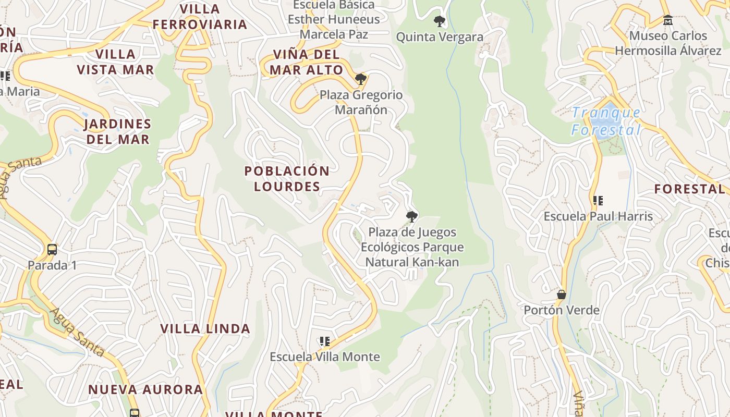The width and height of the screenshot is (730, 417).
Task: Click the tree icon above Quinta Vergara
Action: tap(440, 21)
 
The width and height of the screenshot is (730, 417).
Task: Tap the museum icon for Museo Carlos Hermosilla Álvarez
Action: tap(667, 20)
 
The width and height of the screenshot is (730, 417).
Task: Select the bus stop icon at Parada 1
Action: tap(52, 249)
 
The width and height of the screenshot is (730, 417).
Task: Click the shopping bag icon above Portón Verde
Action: tap(561, 295)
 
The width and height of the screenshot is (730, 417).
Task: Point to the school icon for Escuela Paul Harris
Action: tap(598, 200)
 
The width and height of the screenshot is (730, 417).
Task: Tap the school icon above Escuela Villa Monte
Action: tap(325, 341)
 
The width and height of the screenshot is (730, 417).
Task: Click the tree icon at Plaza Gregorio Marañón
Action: tap(360, 79)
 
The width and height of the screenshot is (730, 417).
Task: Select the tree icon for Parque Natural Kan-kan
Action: tap(412, 216)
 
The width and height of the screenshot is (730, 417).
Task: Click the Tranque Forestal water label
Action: tap(606, 121)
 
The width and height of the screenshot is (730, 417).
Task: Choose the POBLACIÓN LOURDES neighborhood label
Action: tap(287, 179)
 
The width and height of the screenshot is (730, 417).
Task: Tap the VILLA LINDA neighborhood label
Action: tap(205, 329)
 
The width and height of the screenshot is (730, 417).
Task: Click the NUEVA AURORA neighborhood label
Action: tap(145, 389)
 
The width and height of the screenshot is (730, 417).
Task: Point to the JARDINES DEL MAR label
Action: tap(118, 132)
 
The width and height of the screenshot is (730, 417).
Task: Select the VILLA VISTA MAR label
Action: tap(115, 62)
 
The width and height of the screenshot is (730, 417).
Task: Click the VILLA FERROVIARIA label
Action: tap(200, 17)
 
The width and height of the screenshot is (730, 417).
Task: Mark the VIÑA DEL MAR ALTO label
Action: tap(307, 62)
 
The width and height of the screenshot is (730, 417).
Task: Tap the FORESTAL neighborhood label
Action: tap(689, 189)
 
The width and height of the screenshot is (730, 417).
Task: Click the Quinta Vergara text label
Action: tap(440, 37)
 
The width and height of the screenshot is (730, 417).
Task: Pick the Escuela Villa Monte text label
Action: tap(325, 357)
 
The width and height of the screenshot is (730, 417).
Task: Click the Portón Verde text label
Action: tap(561, 310)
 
